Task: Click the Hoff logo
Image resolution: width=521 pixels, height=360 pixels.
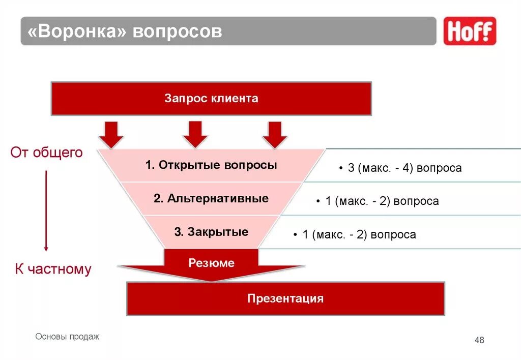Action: pos(469,31)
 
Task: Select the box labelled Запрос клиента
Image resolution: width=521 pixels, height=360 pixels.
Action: pos(211,99)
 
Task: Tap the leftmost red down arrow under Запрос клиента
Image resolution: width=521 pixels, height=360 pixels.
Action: pos(111,134)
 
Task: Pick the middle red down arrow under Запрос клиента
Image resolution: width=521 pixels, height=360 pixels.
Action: pos(195,134)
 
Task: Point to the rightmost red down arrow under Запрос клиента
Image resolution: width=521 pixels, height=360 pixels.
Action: pos(275,134)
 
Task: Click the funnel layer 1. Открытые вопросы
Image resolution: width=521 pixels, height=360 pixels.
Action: pos(211,165)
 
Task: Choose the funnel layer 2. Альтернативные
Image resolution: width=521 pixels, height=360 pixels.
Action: pos(211,198)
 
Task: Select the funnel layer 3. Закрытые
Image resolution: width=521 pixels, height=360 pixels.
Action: pos(211,232)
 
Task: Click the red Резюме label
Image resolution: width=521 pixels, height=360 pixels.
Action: pos(211,263)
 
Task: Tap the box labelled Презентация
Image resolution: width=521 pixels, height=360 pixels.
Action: pos(285,298)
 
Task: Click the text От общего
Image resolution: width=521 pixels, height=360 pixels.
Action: pos(47,153)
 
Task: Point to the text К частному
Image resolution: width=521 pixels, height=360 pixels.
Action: pos(53,269)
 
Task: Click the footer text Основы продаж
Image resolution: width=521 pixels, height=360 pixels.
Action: pos(68,337)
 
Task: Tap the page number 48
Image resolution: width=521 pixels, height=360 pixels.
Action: pos(479,340)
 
